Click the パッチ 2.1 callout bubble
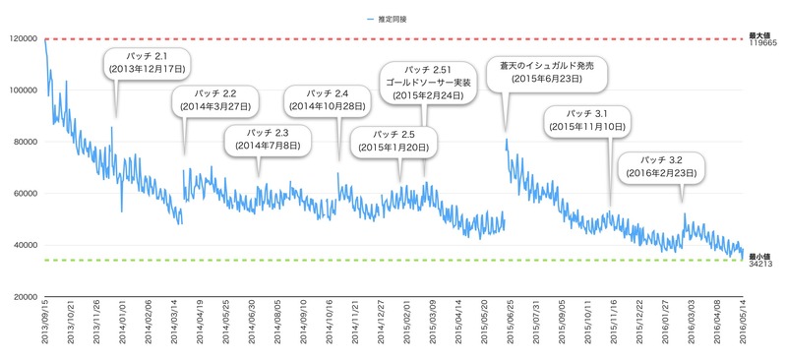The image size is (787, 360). tap(148, 63)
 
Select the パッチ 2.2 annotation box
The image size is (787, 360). tap(215, 100)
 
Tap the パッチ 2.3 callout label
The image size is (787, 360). tap(268, 140)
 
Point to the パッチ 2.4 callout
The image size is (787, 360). tap(328, 100)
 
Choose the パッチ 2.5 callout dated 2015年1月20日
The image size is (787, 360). tap(393, 142)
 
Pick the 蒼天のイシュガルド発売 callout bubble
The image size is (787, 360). tap(547, 74)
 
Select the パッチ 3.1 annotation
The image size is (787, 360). tap(587, 120)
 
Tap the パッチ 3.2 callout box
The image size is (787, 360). tap(661, 167)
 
